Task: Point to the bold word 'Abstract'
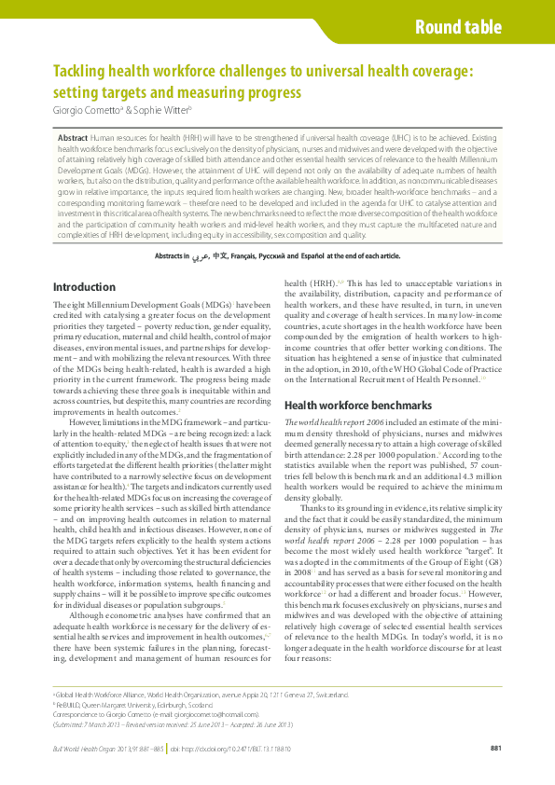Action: click(x=73, y=137)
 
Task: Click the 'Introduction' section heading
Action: click(x=84, y=287)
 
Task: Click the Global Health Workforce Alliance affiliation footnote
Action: click(x=201, y=695)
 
